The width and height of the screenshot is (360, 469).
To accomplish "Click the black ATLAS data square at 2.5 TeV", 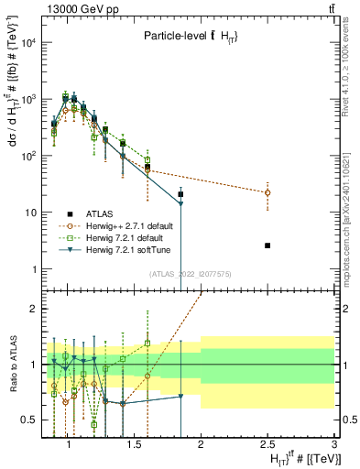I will [267, 245].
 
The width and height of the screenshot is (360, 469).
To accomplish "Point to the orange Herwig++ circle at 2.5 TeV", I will [267, 192].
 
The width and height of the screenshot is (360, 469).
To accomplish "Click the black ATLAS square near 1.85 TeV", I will [180, 194].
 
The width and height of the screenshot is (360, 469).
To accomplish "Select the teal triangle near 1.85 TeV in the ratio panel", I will [180, 397].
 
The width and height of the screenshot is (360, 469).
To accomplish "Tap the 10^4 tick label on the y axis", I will [28, 42].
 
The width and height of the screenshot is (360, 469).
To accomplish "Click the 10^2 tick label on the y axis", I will [28, 156].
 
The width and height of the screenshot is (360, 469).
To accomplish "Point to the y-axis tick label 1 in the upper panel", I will [34, 269].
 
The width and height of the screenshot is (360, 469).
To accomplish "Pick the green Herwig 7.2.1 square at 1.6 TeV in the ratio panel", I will [147, 344].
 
